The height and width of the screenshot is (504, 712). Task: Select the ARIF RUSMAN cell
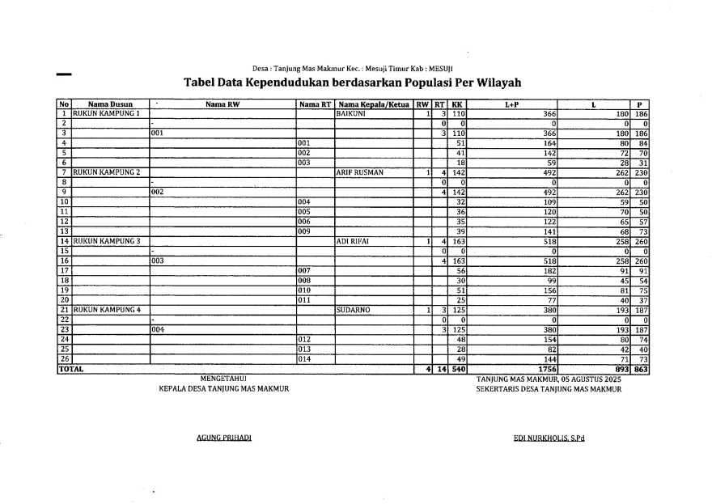pyautogui.click(x=359, y=172)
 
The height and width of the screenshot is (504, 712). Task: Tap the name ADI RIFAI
pyautogui.click(x=353, y=241)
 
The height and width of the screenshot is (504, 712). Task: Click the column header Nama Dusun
pyautogui.click(x=110, y=104)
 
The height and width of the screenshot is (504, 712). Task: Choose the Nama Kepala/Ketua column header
pyautogui.click(x=374, y=104)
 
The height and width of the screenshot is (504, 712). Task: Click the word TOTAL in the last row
pyautogui.click(x=70, y=369)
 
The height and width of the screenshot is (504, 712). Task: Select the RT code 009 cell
pyautogui.click(x=305, y=231)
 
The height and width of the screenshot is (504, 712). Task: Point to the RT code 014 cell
pyautogui.click(x=305, y=358)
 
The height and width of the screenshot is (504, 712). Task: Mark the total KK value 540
pyautogui.click(x=457, y=369)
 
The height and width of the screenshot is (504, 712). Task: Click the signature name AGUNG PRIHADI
pyautogui.click(x=224, y=438)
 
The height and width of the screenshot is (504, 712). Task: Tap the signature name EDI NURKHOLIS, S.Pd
pyautogui.click(x=549, y=438)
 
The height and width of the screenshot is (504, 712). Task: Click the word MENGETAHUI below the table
pyautogui.click(x=223, y=379)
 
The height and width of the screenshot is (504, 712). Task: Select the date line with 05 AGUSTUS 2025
pyautogui.click(x=549, y=379)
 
